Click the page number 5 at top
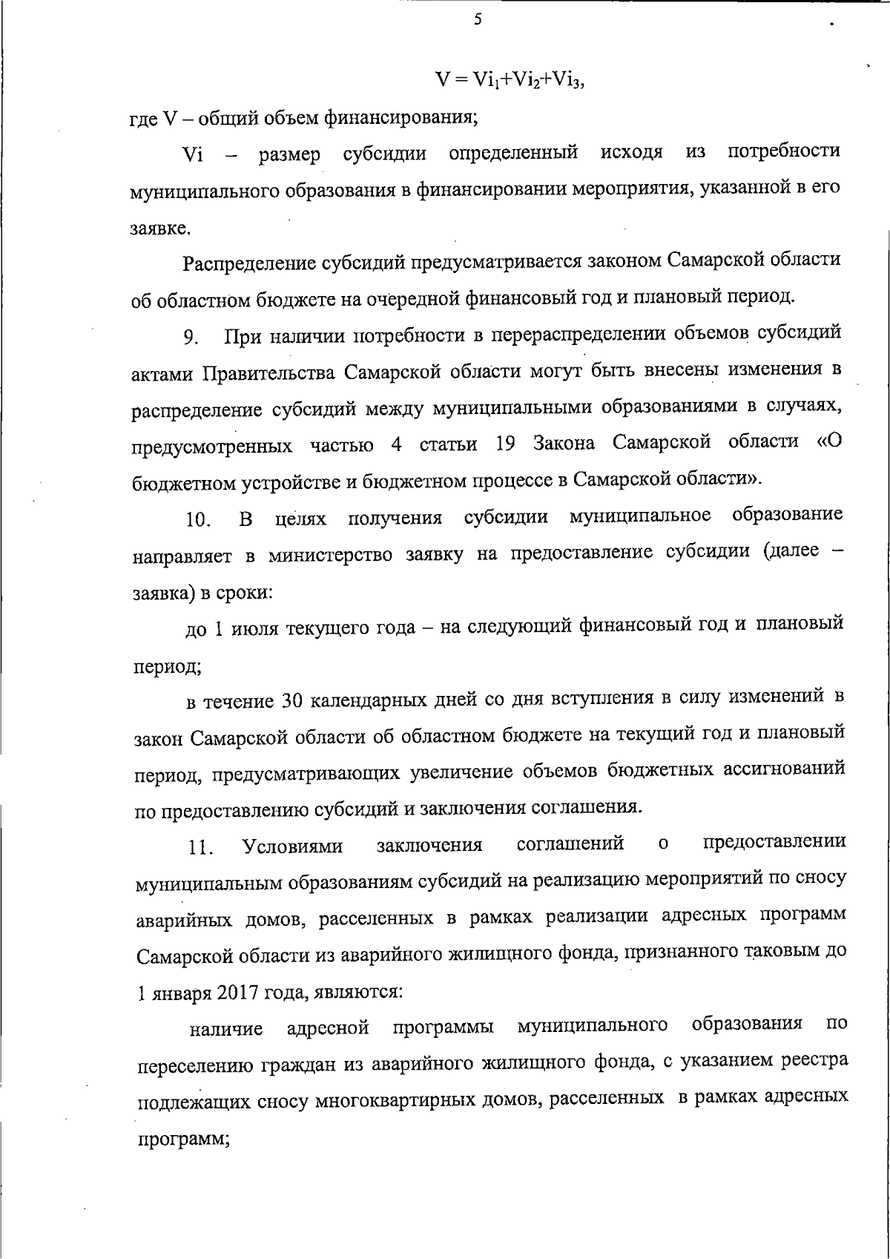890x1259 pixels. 478,20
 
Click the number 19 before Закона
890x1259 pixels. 504,444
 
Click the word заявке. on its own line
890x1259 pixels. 162,229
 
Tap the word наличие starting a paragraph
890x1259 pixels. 226,1029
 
